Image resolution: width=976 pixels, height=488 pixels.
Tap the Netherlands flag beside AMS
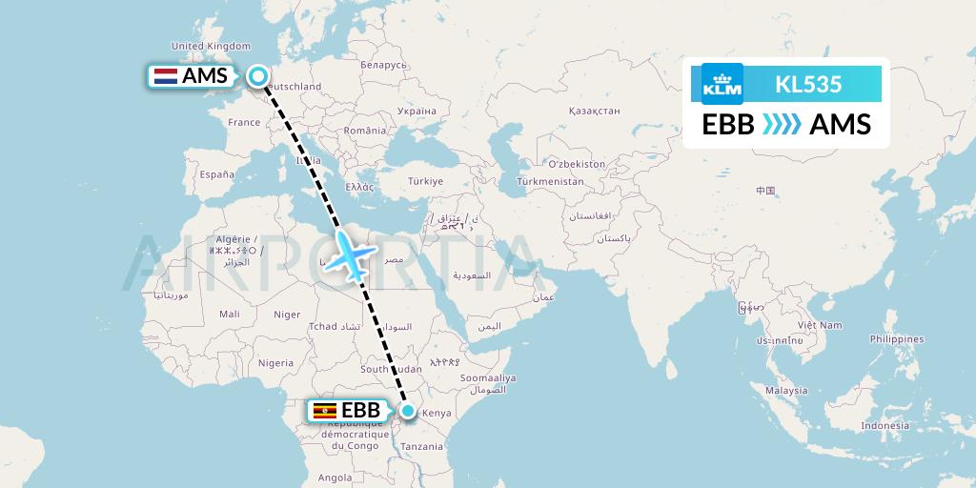coord(165,76)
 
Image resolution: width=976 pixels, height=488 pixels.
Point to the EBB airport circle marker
coord(408,411)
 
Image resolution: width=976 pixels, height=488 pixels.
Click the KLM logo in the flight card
coord(722,84)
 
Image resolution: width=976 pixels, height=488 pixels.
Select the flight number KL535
coord(808,84)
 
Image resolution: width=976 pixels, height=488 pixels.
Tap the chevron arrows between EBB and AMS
coord(782,125)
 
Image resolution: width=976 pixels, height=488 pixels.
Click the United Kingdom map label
coord(211,46)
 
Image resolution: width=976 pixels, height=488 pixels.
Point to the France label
coord(244,122)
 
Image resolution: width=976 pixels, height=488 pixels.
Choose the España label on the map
coord(216,174)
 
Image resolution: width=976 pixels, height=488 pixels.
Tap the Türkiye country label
coord(425,181)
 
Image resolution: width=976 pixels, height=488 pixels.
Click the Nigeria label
coord(274,362)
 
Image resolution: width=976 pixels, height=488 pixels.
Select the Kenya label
coord(436,413)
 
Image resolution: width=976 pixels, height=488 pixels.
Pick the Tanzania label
coord(421,446)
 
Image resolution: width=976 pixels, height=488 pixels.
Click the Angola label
coord(335,478)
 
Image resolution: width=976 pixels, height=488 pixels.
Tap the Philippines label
coord(897,339)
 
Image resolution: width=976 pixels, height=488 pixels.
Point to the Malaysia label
coord(786,390)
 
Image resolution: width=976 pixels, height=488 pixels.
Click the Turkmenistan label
coord(550,181)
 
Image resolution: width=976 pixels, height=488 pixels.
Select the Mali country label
coord(229,314)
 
